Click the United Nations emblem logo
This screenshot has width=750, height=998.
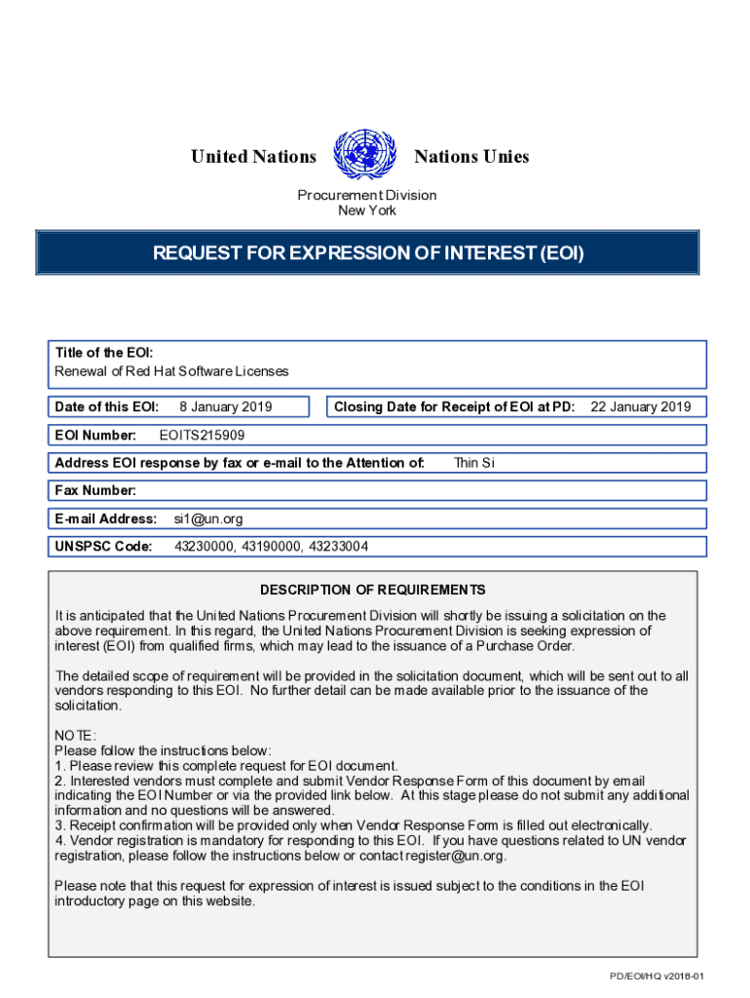point(365,156)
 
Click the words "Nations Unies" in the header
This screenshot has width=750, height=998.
point(471,157)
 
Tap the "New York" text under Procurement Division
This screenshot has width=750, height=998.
point(367,211)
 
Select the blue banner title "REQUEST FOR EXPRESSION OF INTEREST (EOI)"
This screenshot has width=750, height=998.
point(368,253)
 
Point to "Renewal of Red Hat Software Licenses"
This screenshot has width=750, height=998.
point(172,371)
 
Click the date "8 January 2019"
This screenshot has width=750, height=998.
point(226,407)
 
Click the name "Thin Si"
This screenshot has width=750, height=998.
point(474,463)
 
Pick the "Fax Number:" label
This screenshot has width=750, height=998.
point(95,490)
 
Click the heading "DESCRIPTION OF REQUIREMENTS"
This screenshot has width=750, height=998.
point(372,591)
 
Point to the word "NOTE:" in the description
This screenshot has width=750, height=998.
point(76,736)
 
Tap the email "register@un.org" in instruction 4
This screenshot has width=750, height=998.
point(457,856)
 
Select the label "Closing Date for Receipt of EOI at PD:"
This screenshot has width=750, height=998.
point(454,407)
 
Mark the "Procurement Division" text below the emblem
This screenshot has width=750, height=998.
point(367,195)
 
